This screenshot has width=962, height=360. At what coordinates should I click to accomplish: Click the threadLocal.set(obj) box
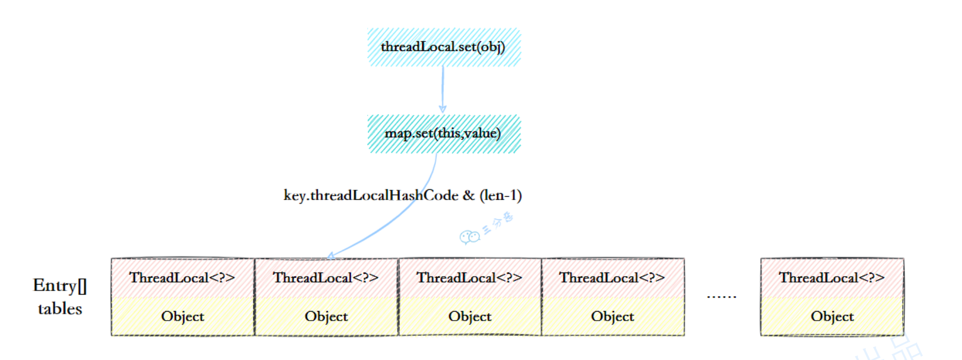point(444,47)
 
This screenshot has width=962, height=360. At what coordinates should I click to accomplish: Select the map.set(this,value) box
point(444,133)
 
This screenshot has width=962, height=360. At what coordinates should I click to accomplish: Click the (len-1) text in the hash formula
point(500,195)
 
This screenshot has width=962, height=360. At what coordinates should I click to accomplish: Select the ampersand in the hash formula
point(468,195)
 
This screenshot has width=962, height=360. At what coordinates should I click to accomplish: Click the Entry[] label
point(60,286)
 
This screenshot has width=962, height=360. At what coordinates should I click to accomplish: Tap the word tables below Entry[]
point(60,309)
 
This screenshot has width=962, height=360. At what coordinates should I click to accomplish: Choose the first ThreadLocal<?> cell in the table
point(182,278)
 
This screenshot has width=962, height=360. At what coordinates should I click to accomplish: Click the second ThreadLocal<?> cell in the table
point(326,278)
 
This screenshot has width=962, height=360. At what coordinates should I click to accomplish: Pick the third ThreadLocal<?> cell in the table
point(470,278)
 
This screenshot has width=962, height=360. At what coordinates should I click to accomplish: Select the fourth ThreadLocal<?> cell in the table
point(612,278)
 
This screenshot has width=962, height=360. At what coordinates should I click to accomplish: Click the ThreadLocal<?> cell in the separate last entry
point(832,278)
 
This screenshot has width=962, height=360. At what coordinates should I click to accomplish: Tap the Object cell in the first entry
point(182,317)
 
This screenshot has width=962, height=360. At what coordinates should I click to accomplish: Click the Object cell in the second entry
point(326,317)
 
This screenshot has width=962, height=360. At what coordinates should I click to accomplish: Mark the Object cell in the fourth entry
point(612,317)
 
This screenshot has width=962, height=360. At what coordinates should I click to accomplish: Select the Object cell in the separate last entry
point(832,317)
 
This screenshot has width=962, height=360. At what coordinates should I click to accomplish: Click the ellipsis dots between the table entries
point(721,297)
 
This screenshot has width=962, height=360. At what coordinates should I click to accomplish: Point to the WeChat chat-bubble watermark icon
point(470,237)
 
